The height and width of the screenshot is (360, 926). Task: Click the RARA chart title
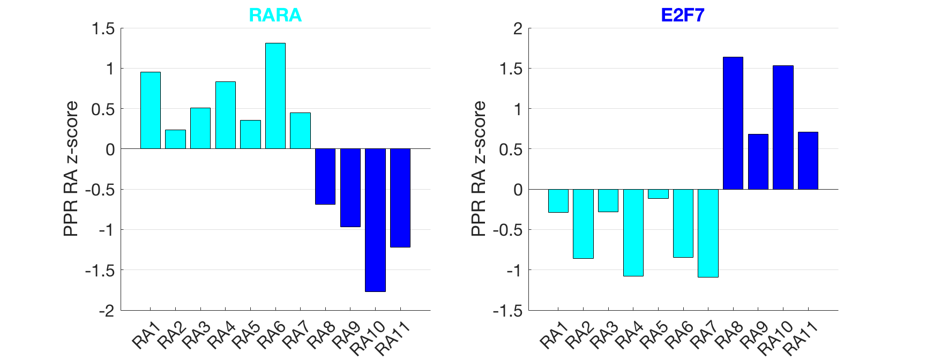[275, 15]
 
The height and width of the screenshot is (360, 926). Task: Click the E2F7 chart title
[682, 15]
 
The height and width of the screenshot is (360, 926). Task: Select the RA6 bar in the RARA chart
[275, 96]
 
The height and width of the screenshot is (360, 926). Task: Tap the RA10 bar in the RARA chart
[375, 220]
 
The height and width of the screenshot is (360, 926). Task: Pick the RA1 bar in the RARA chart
[151, 110]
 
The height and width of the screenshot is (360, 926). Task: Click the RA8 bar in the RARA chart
[325, 176]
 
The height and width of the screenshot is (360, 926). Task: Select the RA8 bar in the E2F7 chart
[733, 123]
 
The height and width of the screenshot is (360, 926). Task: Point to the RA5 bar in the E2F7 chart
[658, 194]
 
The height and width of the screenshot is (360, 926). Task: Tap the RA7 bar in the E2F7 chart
[708, 233]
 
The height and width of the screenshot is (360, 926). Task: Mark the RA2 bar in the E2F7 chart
[583, 223]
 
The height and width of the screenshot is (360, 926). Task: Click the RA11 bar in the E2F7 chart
[808, 161]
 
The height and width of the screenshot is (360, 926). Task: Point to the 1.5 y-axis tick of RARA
[103, 28]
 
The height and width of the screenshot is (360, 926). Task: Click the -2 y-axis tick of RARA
[107, 311]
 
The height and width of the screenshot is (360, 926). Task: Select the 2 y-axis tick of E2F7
[517, 28]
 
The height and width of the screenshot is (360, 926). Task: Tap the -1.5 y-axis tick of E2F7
[507, 311]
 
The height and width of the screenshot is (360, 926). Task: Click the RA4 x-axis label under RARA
[220, 335]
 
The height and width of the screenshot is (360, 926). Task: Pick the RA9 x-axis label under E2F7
[753, 335]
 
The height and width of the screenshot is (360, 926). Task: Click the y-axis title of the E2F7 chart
[478, 169]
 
